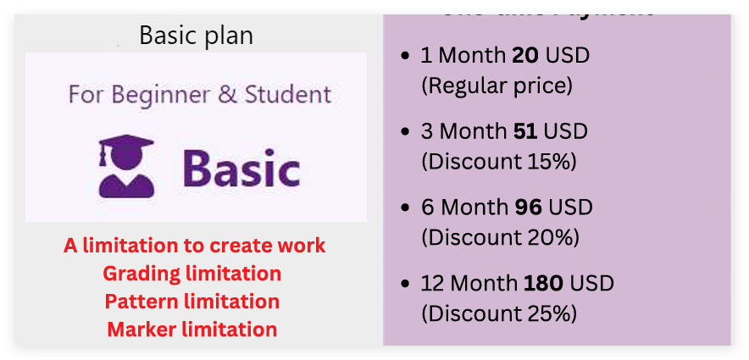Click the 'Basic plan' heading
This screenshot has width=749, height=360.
(x=196, y=36)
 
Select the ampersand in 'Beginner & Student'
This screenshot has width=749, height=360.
(x=228, y=94)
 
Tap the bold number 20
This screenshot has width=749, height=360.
(x=525, y=57)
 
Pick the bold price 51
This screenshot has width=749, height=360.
(x=524, y=132)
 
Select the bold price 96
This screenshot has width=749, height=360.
(x=525, y=208)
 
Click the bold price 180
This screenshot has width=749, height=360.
(x=543, y=284)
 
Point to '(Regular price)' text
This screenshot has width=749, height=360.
(x=497, y=86)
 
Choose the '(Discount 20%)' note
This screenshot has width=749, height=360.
(x=500, y=237)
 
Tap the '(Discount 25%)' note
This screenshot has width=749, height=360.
(x=499, y=313)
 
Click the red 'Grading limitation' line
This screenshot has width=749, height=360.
(x=192, y=274)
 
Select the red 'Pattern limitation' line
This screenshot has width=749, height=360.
(x=192, y=302)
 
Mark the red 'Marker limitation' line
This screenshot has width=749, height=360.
(x=192, y=330)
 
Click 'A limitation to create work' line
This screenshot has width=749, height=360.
(x=195, y=246)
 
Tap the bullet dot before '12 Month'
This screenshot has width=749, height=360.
(x=406, y=285)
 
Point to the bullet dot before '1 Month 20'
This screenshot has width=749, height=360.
(x=406, y=58)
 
